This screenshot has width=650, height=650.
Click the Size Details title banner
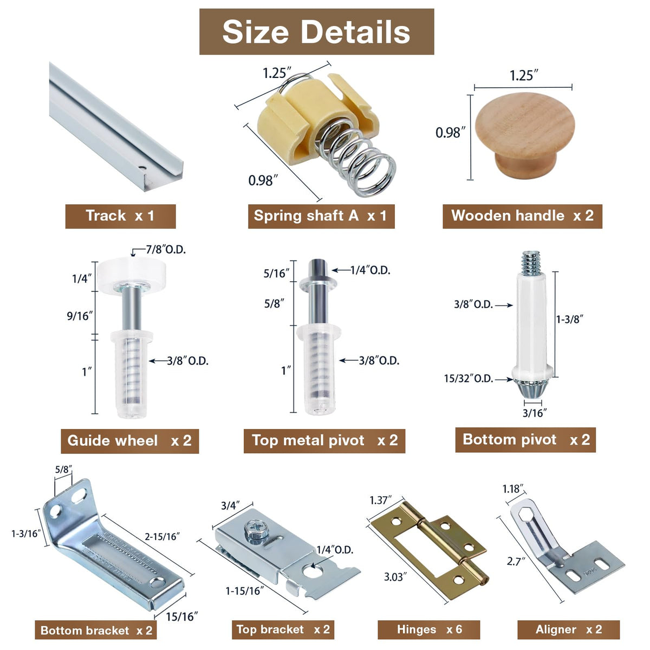coord(316,32)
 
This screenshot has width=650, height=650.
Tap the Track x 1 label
coord(120,216)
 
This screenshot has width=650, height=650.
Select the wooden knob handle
coord(524,135)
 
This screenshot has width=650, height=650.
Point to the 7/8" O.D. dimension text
coord(166,250)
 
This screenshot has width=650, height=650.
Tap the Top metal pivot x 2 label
coord(324,440)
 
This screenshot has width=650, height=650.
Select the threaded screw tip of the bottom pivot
coord(531,263)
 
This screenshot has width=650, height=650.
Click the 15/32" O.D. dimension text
coord(469,379)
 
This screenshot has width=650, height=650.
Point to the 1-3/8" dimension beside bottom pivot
coord(570,318)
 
